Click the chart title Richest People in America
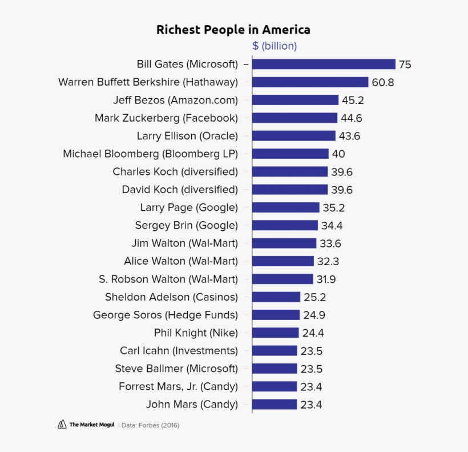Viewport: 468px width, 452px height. [x=233, y=30]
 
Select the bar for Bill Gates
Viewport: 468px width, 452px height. [x=324, y=64]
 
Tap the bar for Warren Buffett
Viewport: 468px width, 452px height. [x=310, y=82]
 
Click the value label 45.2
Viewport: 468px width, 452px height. [x=353, y=100]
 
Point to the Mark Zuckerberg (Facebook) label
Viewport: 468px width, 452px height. [x=166, y=118]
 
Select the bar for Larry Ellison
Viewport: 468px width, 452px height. [x=293, y=136]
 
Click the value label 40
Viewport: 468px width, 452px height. [x=338, y=154]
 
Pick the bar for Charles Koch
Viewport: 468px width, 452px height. [x=290, y=171]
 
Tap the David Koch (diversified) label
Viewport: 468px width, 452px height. [x=180, y=189]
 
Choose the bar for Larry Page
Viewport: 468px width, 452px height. [x=285, y=207]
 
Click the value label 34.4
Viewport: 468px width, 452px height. [x=332, y=225]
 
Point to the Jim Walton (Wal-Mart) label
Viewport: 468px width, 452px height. [x=184, y=243]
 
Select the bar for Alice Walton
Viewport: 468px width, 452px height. [x=283, y=261]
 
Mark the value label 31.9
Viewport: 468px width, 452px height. [x=326, y=279]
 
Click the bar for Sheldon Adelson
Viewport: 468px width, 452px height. [x=276, y=297]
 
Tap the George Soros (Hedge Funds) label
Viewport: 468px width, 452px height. [x=165, y=315]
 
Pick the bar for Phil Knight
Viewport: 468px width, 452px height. [x=275, y=333]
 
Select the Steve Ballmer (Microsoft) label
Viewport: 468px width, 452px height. [x=176, y=368]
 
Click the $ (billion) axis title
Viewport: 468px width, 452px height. [x=275, y=46]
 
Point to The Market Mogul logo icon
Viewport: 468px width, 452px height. [x=62, y=425]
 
